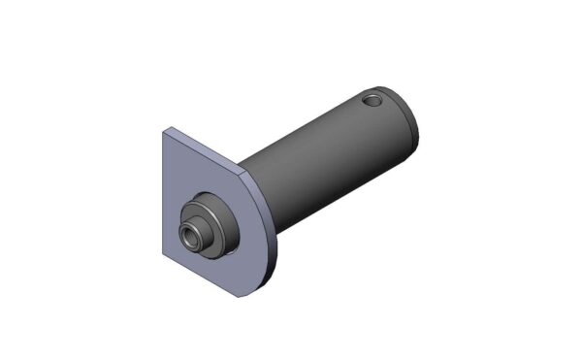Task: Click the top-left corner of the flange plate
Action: pyautogui.click(x=165, y=129)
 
